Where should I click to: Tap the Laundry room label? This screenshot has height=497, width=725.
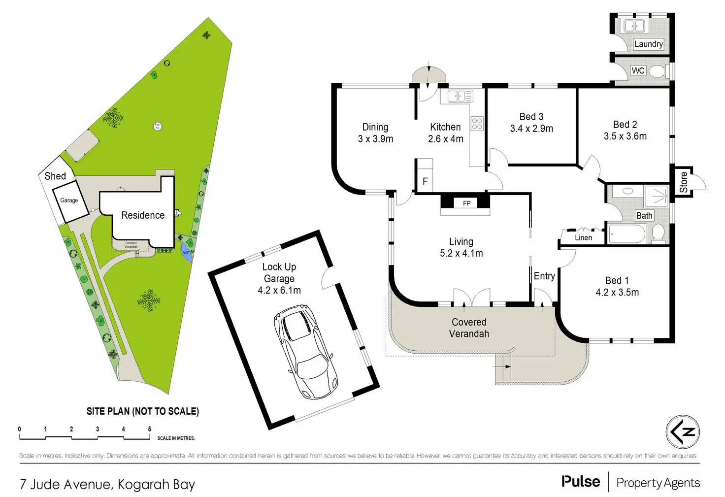(x=648, y=44)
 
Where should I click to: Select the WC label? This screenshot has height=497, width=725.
(x=638, y=71)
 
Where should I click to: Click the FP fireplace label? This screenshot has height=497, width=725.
(x=466, y=203)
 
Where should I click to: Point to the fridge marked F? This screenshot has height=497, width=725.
(x=425, y=181)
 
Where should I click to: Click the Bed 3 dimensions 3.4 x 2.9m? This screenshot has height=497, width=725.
(x=531, y=129)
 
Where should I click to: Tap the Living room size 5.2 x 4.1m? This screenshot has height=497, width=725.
(x=461, y=253)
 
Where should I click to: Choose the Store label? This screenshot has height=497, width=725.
(x=684, y=182)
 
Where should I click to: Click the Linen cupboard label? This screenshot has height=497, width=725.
(x=583, y=237)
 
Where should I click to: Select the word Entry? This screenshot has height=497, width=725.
(x=544, y=276)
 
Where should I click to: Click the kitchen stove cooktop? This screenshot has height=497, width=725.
(x=477, y=123)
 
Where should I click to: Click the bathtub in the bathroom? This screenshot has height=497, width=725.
(x=626, y=233)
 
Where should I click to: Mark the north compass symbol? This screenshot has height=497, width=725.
(x=683, y=432)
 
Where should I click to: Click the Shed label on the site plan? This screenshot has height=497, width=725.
(x=55, y=176)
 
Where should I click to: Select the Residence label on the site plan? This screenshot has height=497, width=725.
(x=143, y=215)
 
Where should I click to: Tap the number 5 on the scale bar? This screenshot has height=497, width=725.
(x=149, y=429)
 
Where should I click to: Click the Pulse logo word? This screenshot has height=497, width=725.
(x=581, y=482)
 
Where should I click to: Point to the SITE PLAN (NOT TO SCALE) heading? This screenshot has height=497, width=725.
(x=143, y=411)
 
